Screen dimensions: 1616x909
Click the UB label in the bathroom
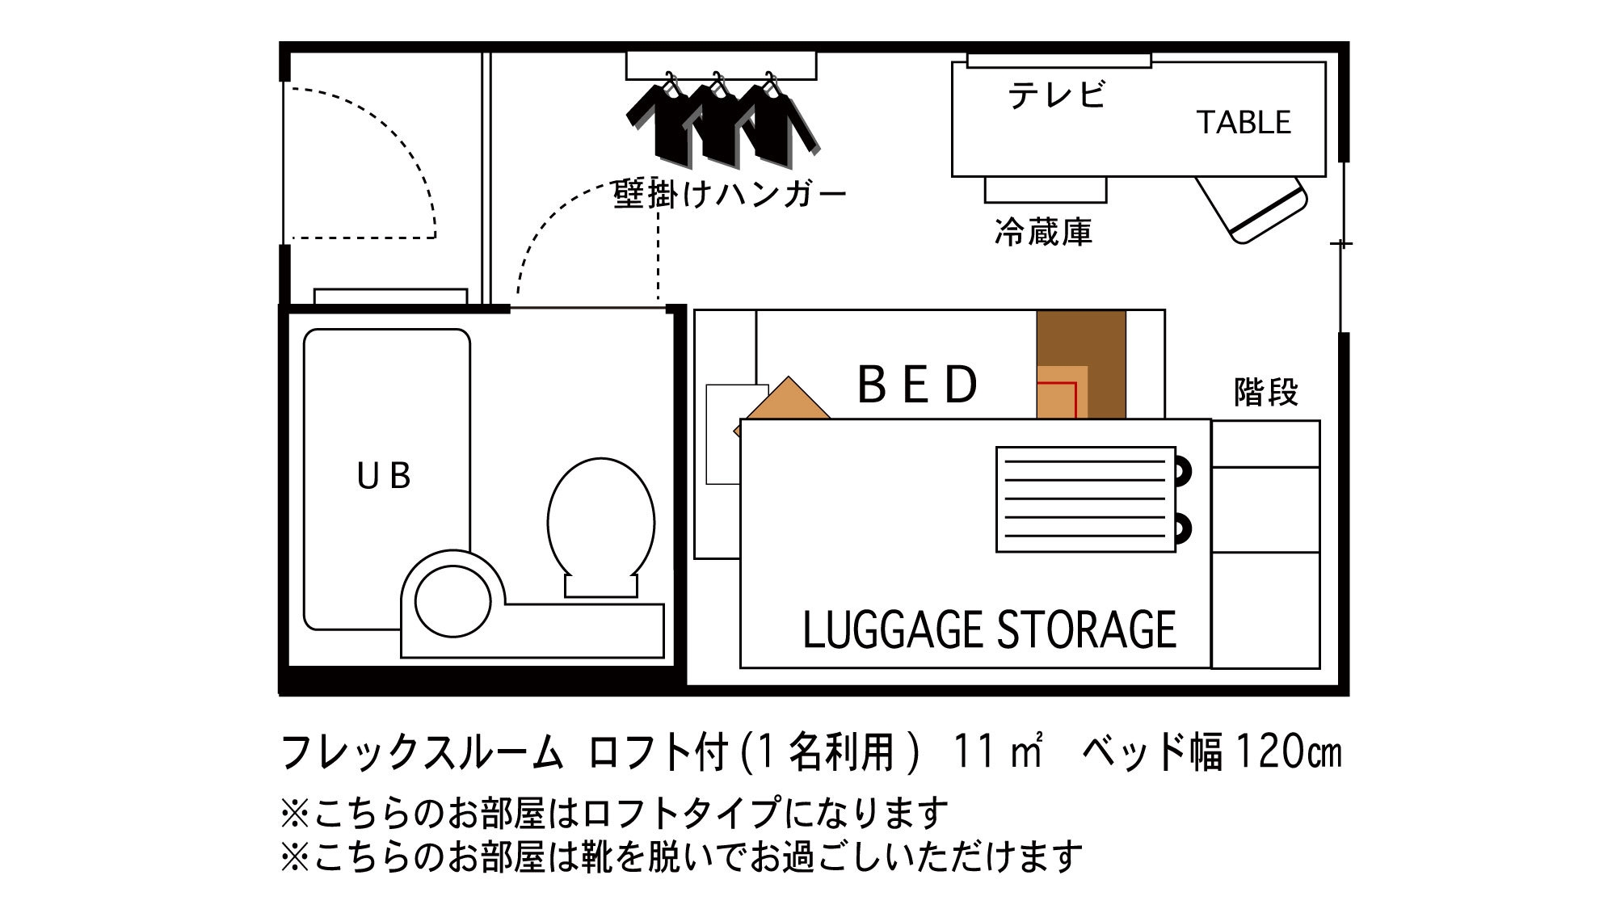[384, 476]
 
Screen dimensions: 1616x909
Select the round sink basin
[452, 601]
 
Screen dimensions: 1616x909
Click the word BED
[917, 384]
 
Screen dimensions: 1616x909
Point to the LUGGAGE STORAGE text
[990, 630]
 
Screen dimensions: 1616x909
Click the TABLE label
[1244, 123]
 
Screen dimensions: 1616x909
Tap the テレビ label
[1057, 95]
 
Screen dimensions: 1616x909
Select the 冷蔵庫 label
[1043, 233]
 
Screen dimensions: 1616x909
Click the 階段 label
[1266, 393]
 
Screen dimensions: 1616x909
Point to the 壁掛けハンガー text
[730, 194]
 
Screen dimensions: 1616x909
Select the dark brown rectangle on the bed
[1081, 364]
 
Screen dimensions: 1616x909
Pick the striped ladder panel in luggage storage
[1086, 499]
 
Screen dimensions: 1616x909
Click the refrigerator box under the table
[1046, 190]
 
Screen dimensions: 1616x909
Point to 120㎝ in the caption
[1289, 751]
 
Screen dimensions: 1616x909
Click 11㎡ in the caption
[999, 751]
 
